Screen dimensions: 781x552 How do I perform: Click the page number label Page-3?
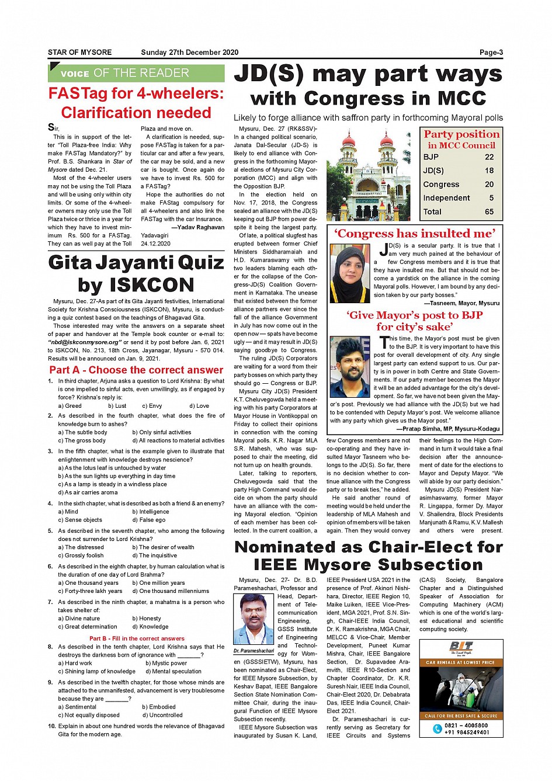(491, 53)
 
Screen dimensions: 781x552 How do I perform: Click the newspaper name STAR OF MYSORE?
(79, 53)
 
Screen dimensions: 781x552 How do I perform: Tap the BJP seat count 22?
(489, 157)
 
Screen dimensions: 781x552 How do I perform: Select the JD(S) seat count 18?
(489, 171)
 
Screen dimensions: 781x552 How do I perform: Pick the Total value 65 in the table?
(489, 212)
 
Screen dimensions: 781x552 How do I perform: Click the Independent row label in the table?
(446, 198)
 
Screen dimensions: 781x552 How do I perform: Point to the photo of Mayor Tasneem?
(350, 273)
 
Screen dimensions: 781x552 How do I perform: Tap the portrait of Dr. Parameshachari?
(254, 619)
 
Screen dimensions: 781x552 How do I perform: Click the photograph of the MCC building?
(369, 175)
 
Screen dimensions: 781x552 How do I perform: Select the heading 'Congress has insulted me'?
(415, 234)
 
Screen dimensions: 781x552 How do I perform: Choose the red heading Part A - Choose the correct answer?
(136, 370)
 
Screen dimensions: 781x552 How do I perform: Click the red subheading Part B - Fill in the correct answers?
(137, 638)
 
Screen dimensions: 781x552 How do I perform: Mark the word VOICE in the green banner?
(75, 74)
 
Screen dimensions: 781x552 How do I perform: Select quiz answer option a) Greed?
(70, 405)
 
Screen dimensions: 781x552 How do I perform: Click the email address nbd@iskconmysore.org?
(85, 342)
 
